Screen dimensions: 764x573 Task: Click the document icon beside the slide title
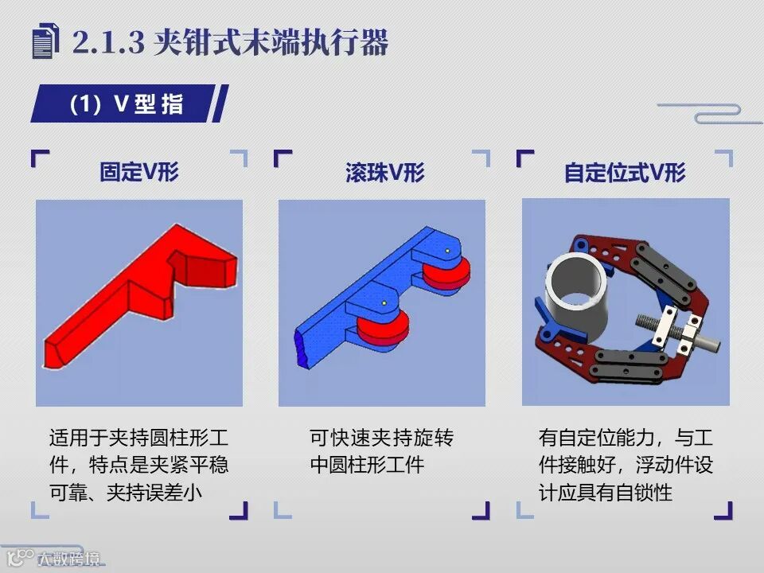(46, 41)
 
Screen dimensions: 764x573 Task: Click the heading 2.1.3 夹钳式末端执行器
(230, 42)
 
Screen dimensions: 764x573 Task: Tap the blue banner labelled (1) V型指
(129, 103)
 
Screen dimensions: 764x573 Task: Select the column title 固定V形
(139, 172)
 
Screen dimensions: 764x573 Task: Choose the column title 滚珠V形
(385, 173)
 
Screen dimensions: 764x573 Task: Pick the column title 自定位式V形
(626, 173)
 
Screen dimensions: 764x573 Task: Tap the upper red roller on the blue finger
(446, 275)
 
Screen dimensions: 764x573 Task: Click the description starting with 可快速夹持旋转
(381, 451)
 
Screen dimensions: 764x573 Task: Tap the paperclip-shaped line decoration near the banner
(710, 113)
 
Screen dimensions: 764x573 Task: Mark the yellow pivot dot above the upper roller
(447, 251)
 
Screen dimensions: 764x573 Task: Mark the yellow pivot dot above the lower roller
(384, 303)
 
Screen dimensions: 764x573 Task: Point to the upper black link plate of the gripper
(664, 275)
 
